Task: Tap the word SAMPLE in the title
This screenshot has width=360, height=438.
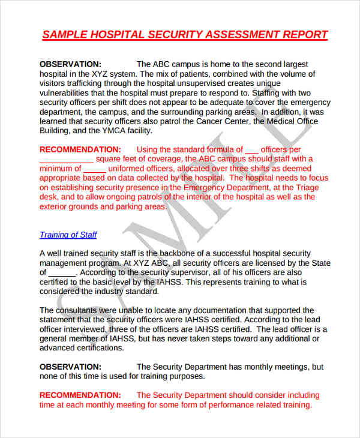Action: (x=66, y=34)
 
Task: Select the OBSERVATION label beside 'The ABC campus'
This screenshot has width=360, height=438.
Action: (x=70, y=64)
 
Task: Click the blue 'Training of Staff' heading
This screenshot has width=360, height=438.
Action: (x=68, y=235)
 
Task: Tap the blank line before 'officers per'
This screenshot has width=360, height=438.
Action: (x=252, y=150)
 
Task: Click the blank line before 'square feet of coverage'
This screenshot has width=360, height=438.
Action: (x=66, y=160)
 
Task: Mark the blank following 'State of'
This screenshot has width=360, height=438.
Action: (x=62, y=272)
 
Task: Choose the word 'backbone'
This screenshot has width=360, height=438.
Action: (x=182, y=253)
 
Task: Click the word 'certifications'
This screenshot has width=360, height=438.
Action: (x=88, y=348)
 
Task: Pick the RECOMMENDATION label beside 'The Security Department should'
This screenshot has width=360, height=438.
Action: (x=80, y=395)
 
